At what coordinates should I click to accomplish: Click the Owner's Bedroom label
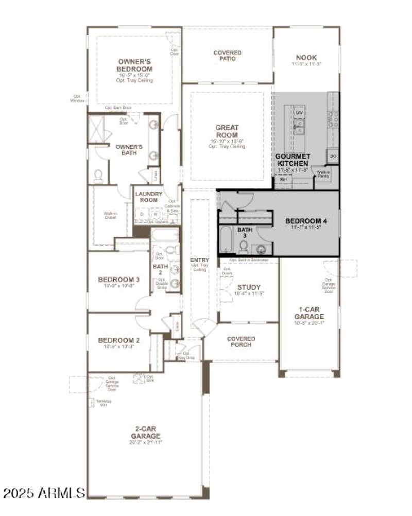pos(134,65)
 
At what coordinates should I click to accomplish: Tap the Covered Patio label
pos(227,56)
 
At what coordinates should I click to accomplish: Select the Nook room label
pos(306,57)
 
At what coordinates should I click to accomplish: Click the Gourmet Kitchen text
pos(292,160)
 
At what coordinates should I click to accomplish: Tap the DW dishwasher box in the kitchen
pos(300,112)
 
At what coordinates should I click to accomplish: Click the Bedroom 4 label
pos(306,221)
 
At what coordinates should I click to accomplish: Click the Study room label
pos(249,287)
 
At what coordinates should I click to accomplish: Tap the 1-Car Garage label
pos(309,313)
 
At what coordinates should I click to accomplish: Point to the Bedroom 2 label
pos(119,340)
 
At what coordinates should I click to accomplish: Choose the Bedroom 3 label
pos(119,280)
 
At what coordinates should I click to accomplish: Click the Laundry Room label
pos(149,197)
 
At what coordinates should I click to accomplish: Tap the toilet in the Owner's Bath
pos(98,176)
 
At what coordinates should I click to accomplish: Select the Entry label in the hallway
pos(199,261)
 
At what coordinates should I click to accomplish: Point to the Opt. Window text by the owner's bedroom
pos(77,98)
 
